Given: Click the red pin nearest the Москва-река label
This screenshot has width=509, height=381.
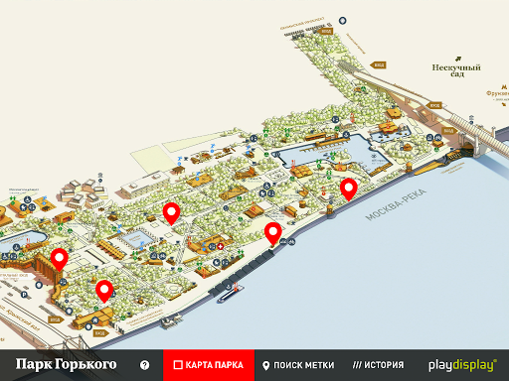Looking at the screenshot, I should [348, 189].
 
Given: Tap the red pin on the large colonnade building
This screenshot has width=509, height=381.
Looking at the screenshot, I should [59, 260].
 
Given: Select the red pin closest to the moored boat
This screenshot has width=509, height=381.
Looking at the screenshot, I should [272, 234].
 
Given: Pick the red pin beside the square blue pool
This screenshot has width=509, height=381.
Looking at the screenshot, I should [170, 211].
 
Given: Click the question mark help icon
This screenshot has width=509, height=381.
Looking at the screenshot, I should [145, 365].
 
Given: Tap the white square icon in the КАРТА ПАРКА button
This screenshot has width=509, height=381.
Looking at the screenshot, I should [176, 365].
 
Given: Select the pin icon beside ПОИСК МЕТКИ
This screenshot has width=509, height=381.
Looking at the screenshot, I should [266, 365].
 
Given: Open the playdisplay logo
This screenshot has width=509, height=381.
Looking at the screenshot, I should [462, 365].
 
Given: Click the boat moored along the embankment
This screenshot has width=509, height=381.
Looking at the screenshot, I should [231, 291].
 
